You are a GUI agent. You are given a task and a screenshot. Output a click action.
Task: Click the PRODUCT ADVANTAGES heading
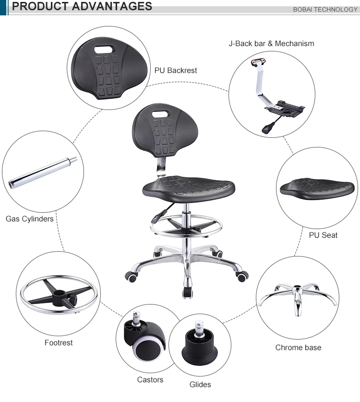(82, 7)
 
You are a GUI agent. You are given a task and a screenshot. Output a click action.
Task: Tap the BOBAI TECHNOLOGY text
(325, 10)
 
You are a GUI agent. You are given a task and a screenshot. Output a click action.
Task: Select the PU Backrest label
(176, 70)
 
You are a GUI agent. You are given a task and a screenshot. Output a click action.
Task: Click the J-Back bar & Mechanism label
(271, 43)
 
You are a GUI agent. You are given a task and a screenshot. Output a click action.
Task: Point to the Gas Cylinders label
(29, 219)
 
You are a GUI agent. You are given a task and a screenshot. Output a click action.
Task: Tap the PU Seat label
(323, 235)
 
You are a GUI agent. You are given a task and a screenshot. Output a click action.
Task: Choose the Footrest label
(59, 342)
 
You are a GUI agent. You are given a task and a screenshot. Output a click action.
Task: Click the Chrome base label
(298, 347)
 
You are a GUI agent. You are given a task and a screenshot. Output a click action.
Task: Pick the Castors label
(150, 379)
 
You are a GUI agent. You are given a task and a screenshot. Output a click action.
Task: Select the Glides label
(200, 384)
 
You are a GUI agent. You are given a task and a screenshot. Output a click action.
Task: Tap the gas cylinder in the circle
(43, 171)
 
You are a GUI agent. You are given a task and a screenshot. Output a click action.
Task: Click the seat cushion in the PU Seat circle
(317, 188)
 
